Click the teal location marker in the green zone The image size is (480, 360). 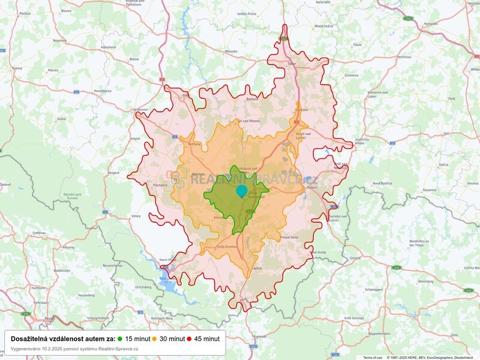(241, 191)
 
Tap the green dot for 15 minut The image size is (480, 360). (120, 338)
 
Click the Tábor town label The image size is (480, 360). (293, 63)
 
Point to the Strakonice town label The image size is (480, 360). (141, 109)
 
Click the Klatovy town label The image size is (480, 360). (17, 68)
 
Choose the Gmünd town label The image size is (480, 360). (355, 258)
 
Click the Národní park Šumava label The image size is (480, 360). (72, 196)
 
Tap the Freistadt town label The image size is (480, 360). (259, 337)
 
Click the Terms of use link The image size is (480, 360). (372, 358)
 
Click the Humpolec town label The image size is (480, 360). (430, 24)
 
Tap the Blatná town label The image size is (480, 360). (134, 59)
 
